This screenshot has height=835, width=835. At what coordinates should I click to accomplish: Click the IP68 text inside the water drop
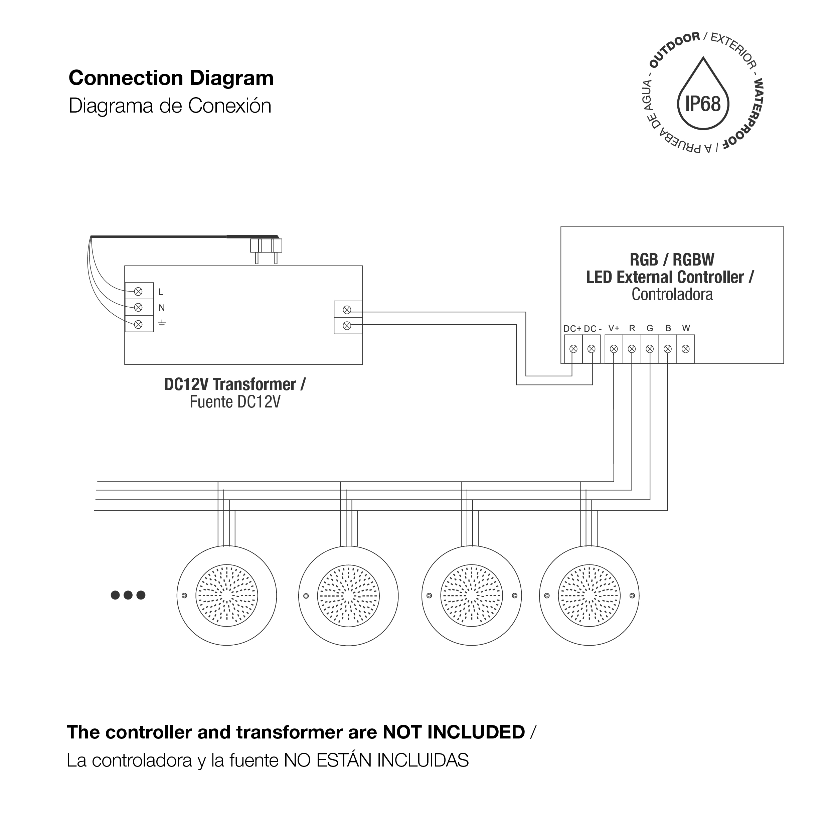point(703,104)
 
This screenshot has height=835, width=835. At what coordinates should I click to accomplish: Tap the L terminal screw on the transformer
point(138,292)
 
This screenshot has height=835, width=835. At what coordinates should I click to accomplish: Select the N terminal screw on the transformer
point(138,308)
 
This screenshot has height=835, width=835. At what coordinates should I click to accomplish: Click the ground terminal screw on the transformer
point(138,324)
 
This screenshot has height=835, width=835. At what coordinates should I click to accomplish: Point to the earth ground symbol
point(162,323)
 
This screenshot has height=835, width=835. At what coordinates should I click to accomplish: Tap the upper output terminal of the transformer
point(347,310)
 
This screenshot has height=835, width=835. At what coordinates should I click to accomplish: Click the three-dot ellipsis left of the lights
point(128,595)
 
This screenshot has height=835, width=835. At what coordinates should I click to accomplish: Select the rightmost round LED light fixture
point(589,596)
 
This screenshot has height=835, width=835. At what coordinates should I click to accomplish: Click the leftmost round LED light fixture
point(227,596)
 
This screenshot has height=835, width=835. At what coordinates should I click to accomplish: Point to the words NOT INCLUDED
point(454,732)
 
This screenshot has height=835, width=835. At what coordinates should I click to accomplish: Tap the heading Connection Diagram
point(171,78)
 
